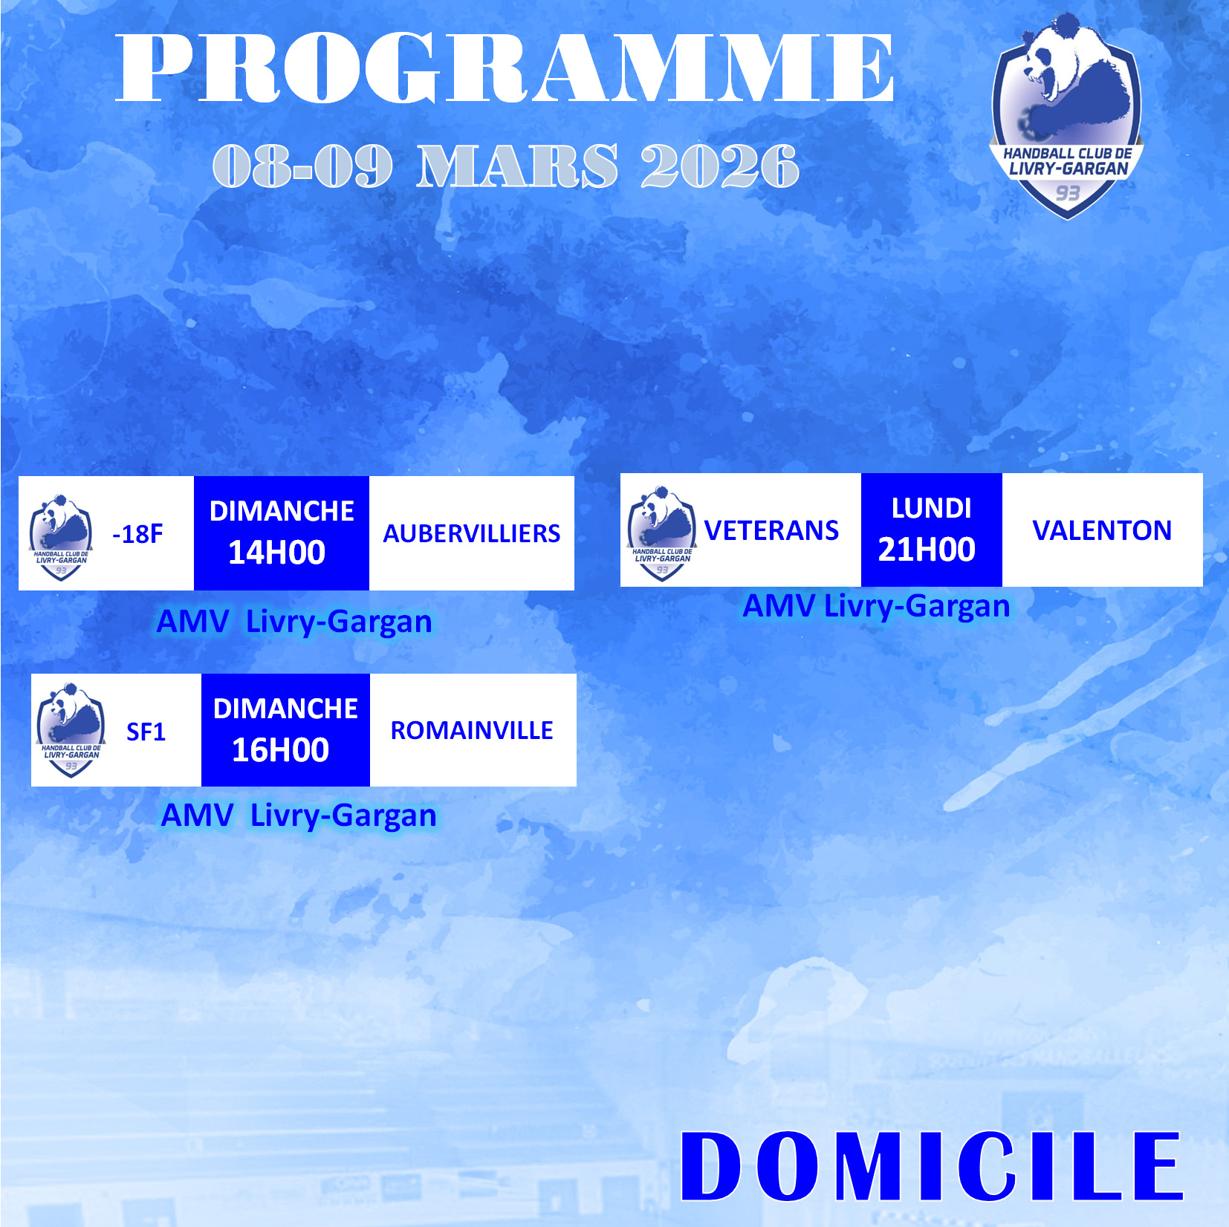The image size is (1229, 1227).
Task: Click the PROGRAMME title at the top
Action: tap(505, 68)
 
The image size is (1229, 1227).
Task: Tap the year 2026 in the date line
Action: tap(719, 166)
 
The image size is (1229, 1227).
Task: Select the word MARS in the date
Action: tap(516, 166)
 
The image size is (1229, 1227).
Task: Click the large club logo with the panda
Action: tap(1067, 117)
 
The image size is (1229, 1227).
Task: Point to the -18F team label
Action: tap(137, 534)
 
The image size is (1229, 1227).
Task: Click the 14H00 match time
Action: tap(276, 553)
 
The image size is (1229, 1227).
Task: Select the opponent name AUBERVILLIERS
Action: tap(472, 534)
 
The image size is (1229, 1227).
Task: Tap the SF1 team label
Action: tap(146, 732)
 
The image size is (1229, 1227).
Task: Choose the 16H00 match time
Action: tap(280, 750)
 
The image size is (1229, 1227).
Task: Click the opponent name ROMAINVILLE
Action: tap(472, 731)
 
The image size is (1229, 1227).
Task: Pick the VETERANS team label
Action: tap(771, 530)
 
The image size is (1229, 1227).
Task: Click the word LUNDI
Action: tap(931, 509)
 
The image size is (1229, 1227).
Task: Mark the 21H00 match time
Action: tap(927, 550)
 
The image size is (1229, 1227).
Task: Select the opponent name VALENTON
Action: tap(1102, 530)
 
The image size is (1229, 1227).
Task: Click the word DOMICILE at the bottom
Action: tap(931, 1166)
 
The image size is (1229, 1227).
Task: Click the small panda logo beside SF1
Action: tap(71, 731)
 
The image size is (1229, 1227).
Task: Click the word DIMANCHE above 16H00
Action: tap(285, 709)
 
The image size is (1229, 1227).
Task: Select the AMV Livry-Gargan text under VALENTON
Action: tap(877, 607)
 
